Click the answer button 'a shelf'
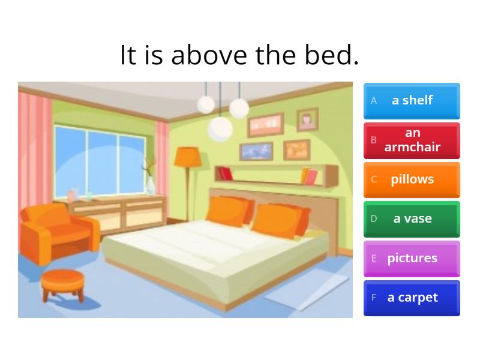coord(412,100)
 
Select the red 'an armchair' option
coord(412,140)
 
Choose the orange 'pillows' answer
coord(412,179)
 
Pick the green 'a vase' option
coord(412,219)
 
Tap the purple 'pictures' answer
coord(412,259)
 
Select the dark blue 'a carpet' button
coord(412,298)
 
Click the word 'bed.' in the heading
coord(332,55)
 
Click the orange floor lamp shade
coord(187,157)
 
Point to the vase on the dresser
coord(149,185)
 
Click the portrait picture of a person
coord(307,119)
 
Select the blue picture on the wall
coord(256,151)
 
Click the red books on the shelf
coord(226,173)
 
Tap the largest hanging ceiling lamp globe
coord(220,128)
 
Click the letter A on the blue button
coord(374,101)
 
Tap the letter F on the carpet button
coord(374,298)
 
